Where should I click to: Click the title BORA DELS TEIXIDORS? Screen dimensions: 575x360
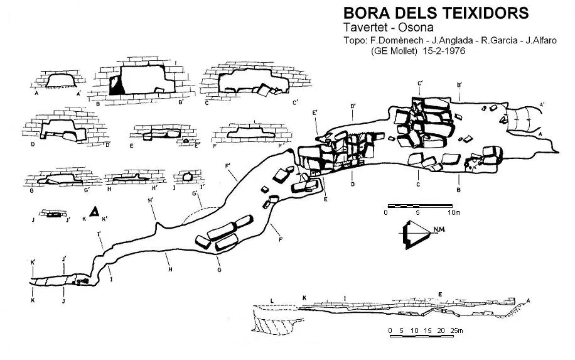pos(436,13)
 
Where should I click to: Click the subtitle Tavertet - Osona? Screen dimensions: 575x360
pos(389,28)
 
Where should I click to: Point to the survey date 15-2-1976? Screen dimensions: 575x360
pos(444,51)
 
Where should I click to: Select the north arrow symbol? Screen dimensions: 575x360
pos(416,235)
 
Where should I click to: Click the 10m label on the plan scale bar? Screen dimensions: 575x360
pos(454,212)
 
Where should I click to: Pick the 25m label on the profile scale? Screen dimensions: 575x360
pos(456,330)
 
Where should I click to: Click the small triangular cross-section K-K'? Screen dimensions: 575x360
pos(95,211)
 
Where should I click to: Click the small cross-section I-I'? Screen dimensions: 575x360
pos(188,177)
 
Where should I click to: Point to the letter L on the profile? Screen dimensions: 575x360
pos(272,301)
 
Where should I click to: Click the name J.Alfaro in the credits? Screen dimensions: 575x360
pos(541,40)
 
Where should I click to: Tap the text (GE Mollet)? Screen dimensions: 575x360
pos(394,51)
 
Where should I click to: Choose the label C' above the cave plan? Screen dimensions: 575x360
pos(421,84)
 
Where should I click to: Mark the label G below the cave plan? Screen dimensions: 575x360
pos(219,270)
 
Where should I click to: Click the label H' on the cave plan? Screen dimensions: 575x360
pos(151,200)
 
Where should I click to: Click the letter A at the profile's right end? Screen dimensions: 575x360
pos(528,301)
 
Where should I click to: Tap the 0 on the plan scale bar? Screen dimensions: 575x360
pos(386,212)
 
